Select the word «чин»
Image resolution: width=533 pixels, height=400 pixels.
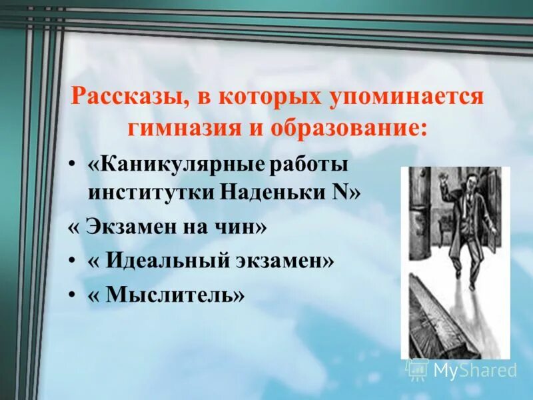click(x=238, y=228)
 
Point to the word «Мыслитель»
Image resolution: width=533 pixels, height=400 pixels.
click(x=166, y=295)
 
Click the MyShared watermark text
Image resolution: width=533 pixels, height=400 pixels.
click(x=474, y=369)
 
